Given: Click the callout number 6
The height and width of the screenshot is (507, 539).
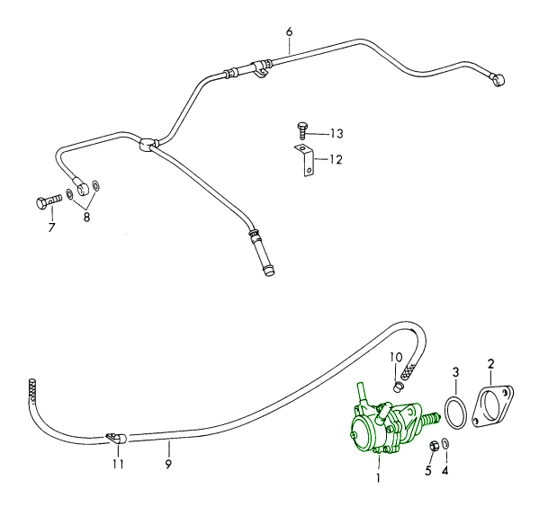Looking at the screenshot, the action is coord(289,32).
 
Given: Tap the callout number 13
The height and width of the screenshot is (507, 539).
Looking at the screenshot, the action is coord(337,133).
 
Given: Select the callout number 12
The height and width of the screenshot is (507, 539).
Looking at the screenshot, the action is coord(336,160).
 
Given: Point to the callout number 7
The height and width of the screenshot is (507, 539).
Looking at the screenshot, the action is coord(51,227).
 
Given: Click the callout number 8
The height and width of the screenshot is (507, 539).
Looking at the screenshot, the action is coord(86,217).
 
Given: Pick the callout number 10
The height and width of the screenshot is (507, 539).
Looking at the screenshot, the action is coord(396,357).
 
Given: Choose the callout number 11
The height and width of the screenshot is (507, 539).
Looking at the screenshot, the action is coord(118,464).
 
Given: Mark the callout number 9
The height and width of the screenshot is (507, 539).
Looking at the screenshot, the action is coord(168,465).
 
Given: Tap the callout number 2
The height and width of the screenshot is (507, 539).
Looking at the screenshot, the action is coord(491,364).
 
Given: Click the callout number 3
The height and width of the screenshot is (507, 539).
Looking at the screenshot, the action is coord(455,371).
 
